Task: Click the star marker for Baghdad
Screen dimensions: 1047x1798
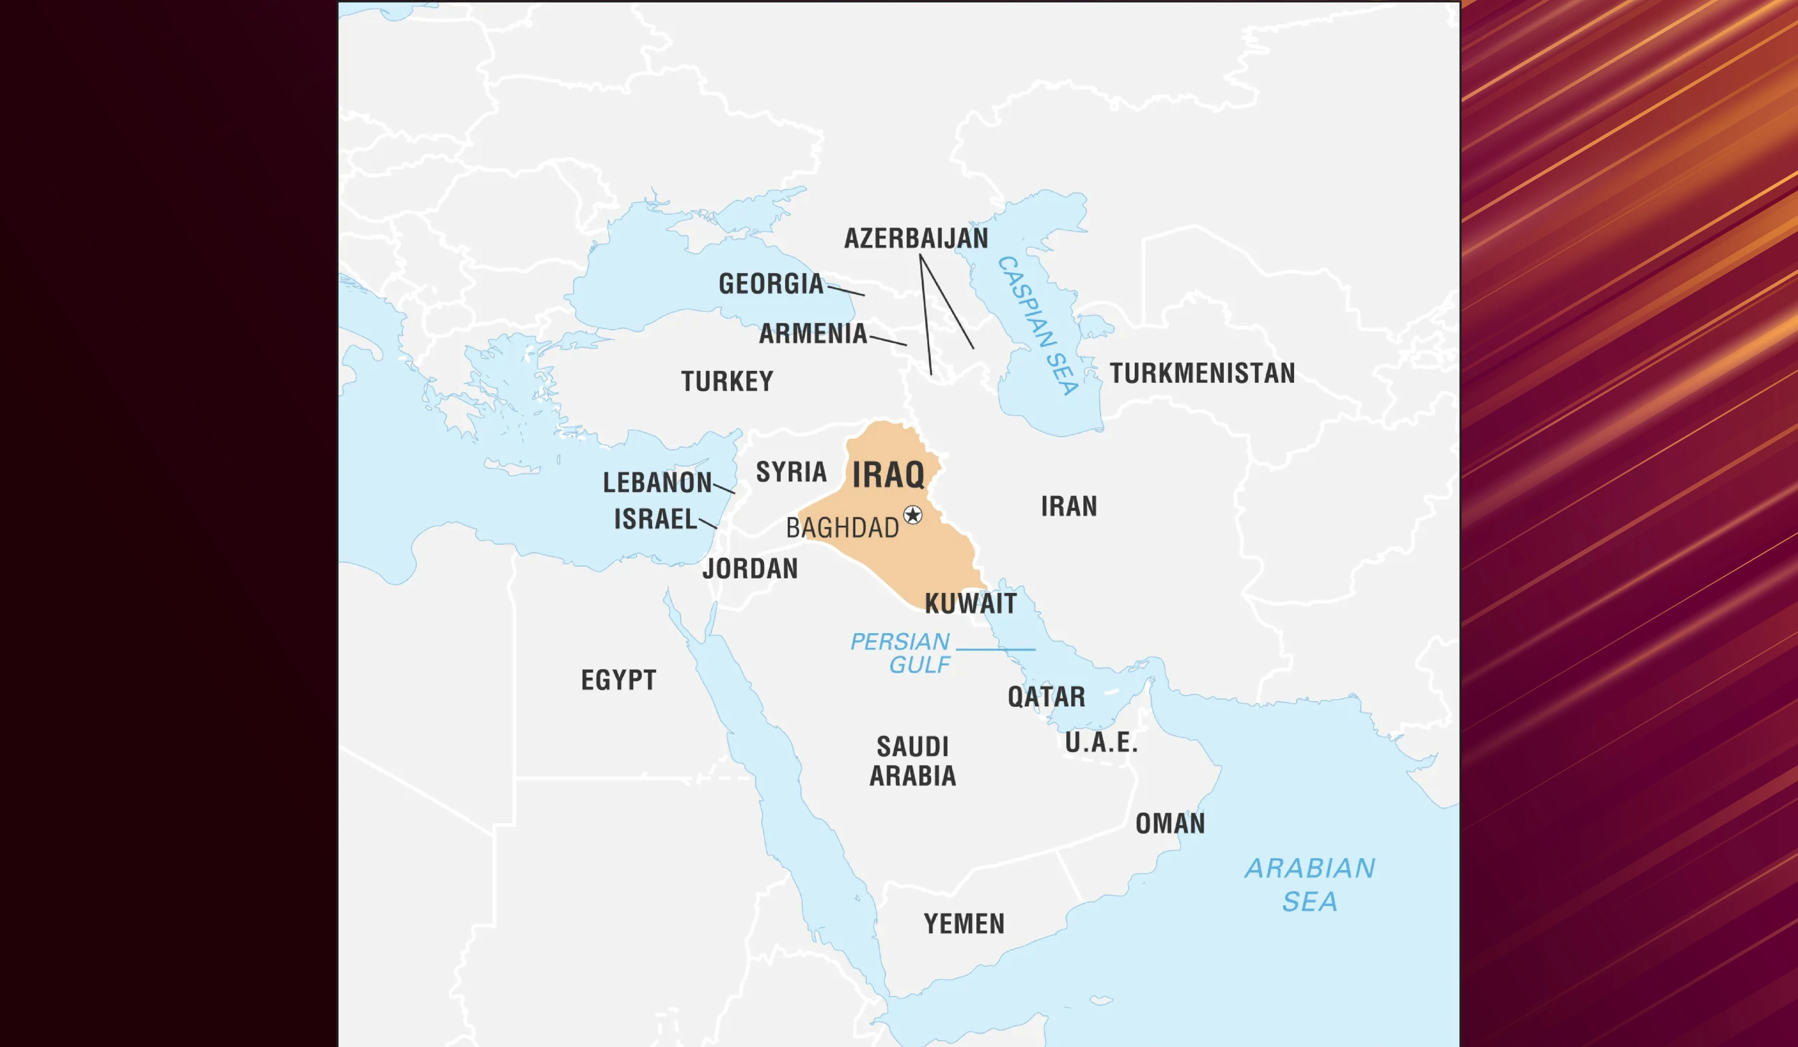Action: coord(913,515)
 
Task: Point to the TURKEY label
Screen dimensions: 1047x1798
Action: coord(727,382)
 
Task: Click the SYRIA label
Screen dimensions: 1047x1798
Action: coord(791,472)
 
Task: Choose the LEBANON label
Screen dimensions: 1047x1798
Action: coord(657,483)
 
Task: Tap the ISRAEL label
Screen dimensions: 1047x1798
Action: coord(655,519)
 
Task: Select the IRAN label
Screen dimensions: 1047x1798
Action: coord(1069,506)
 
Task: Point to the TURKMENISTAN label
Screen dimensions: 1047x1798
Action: coord(1202,373)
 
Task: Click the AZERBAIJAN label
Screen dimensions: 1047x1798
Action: coord(916,238)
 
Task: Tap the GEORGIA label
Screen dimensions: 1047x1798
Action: coord(771,284)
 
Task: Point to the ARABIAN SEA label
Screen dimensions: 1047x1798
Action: coord(1310,884)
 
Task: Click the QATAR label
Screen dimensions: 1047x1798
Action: coord(1046,697)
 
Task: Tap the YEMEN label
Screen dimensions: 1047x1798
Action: coord(964,924)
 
